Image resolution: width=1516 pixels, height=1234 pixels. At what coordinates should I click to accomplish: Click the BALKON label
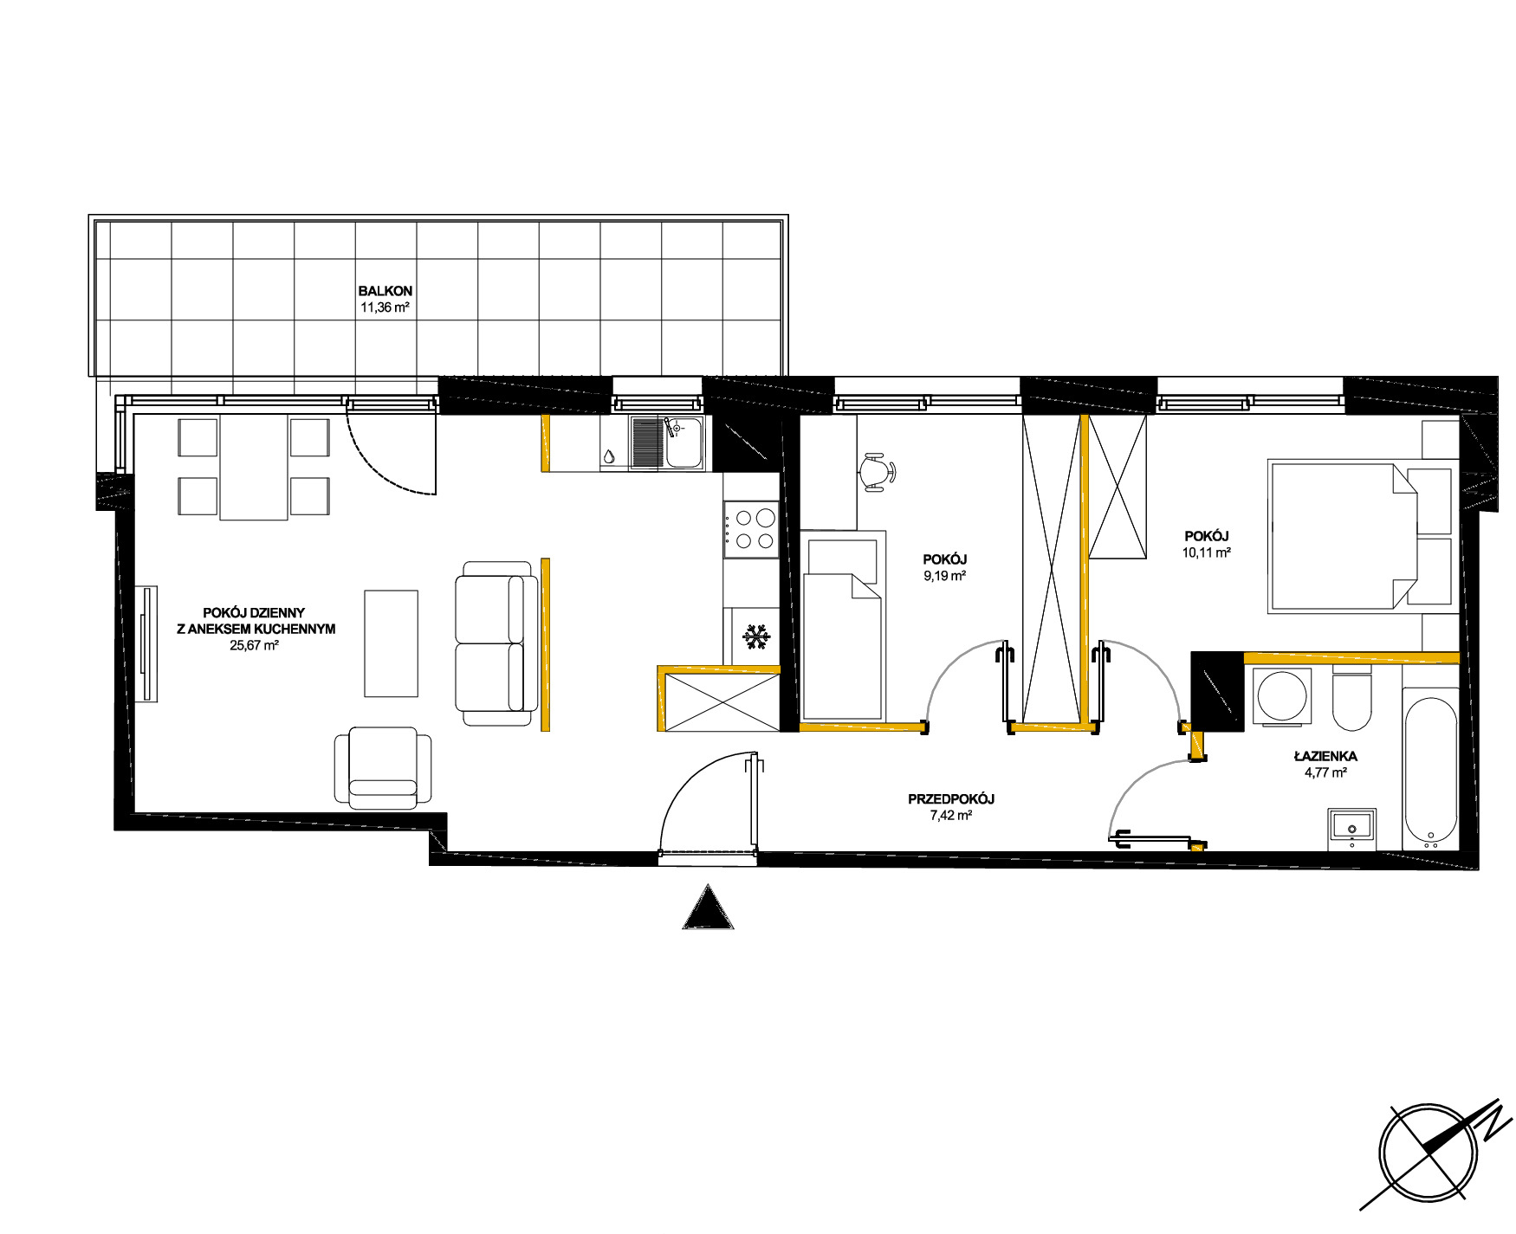click(385, 291)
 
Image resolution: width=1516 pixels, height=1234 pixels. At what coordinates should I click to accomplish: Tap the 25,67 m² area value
click(254, 645)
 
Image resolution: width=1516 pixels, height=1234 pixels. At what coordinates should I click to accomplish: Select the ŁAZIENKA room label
click(1325, 756)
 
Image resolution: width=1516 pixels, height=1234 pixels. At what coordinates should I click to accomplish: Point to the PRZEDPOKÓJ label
click(951, 799)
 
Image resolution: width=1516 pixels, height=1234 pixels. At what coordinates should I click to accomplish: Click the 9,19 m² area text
click(945, 576)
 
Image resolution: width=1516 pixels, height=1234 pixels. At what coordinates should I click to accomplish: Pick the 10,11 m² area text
click(1207, 552)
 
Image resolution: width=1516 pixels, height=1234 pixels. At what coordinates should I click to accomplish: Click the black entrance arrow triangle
click(709, 907)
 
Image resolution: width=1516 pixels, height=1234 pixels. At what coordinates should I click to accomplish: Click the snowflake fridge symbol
click(756, 637)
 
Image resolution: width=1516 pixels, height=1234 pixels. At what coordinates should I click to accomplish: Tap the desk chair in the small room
click(877, 472)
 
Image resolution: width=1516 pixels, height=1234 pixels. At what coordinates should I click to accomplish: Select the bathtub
click(1429, 769)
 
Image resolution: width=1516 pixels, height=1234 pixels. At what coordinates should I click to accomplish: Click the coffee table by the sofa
click(391, 643)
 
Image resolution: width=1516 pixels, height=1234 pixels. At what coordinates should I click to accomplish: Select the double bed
click(1360, 537)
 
